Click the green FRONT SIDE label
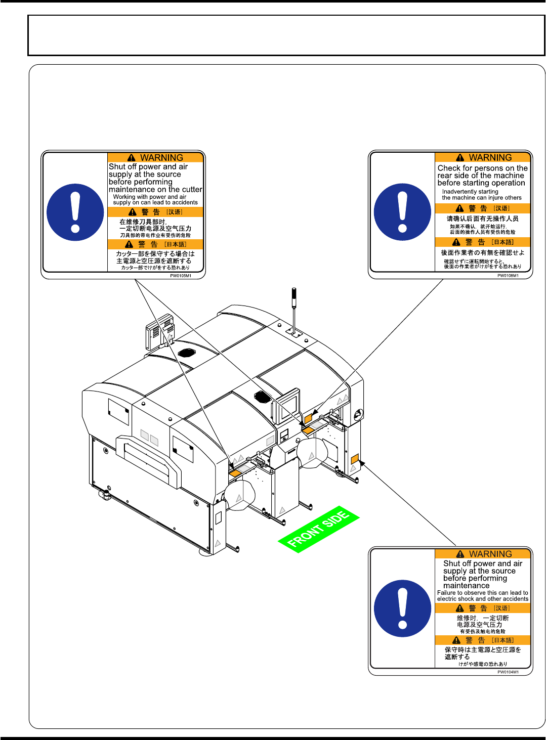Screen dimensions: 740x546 tap(318, 529)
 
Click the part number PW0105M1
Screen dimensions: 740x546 tap(181, 276)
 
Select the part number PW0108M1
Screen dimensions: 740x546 tap(508, 276)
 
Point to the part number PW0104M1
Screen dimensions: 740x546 tap(508, 672)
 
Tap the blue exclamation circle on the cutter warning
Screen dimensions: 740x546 tap(75, 212)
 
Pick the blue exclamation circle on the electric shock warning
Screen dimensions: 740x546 tap(402, 608)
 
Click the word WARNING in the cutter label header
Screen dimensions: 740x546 tap(161, 158)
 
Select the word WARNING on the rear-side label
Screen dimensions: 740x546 tap(490, 158)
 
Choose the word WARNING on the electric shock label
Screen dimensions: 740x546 tap(490, 554)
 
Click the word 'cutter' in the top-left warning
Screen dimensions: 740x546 tap(192, 190)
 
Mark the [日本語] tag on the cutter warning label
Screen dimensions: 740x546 tap(175, 244)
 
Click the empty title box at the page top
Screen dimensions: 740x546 tap(286, 35)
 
